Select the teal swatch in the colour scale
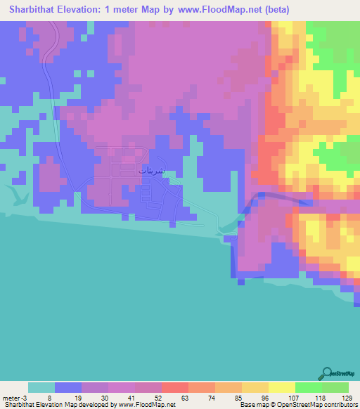tap(41, 387)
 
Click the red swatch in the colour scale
tap(174, 387)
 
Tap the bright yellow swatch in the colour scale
tap(281, 387)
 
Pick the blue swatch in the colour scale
tap(68, 387)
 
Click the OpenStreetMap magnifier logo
tap(327, 373)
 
